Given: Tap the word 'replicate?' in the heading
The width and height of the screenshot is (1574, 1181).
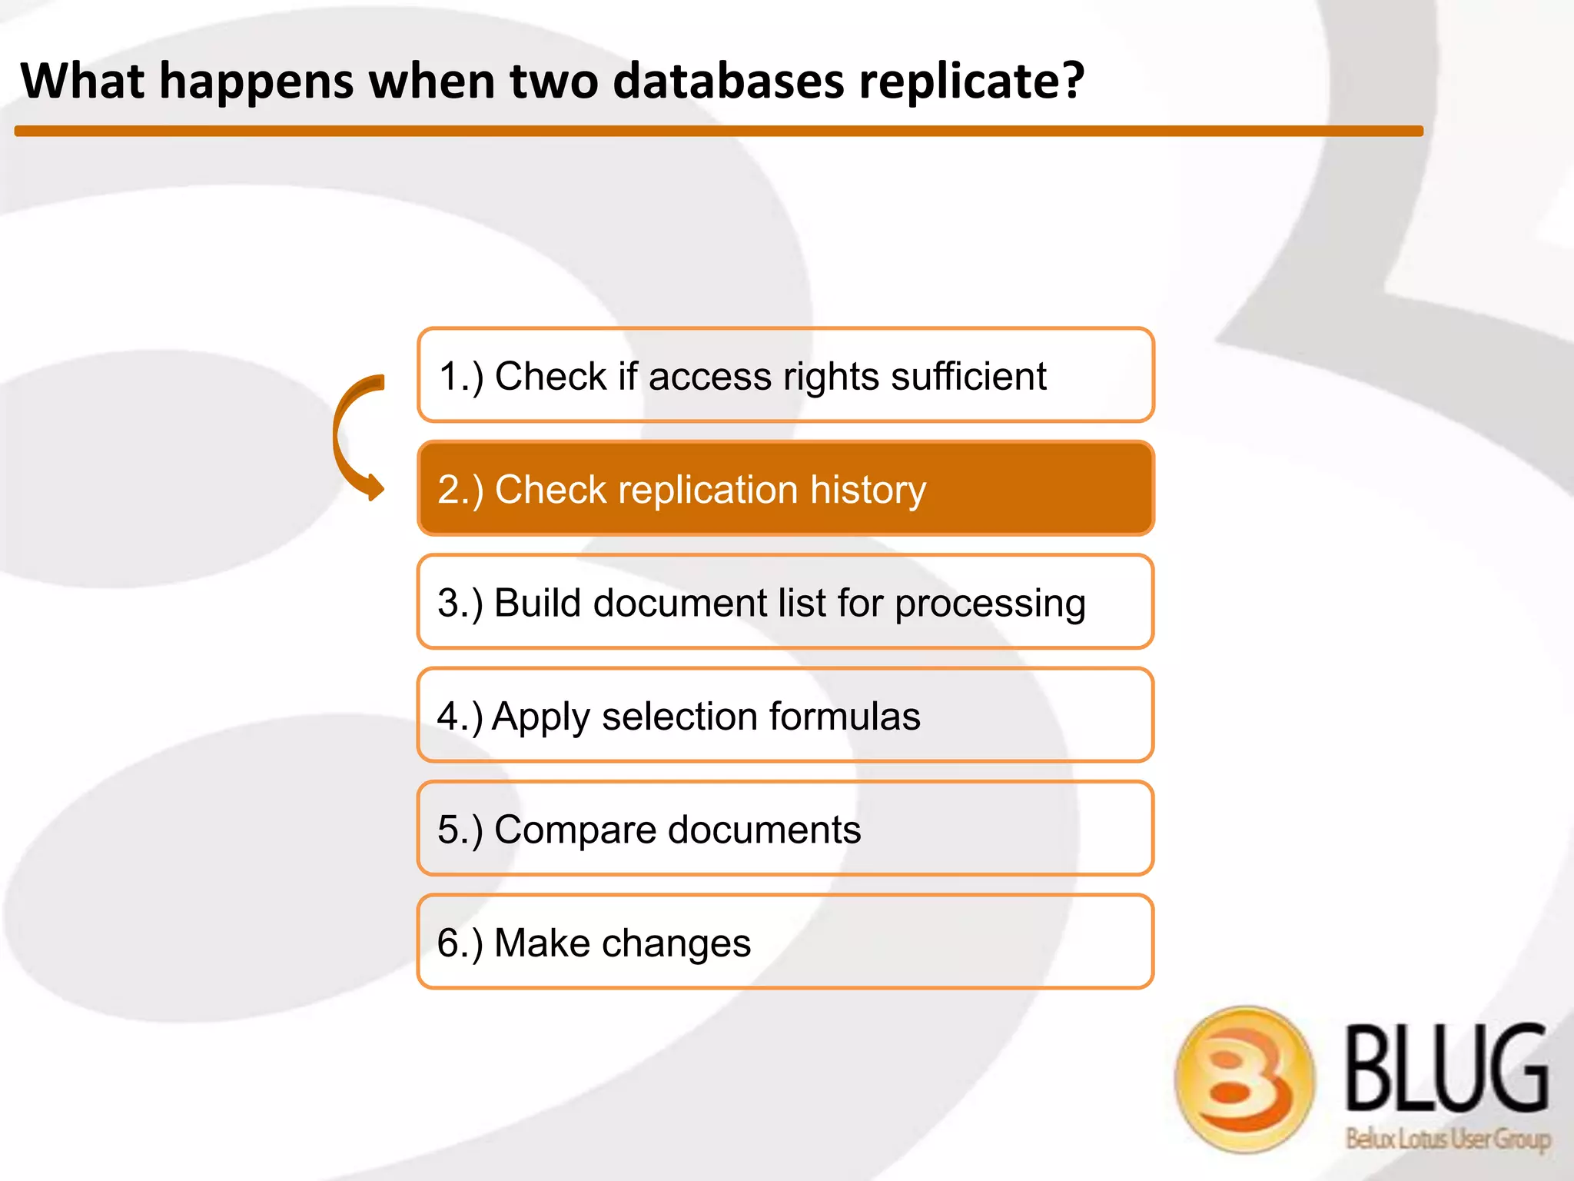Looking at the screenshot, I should point(971,81).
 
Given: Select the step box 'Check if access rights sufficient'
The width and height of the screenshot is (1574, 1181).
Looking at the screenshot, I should point(785,375).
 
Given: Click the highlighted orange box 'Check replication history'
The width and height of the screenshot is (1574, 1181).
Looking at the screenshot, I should point(785,488).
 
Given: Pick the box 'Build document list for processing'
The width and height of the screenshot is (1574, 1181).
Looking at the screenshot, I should point(785,602).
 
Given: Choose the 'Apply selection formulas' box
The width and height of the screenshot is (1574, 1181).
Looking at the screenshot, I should point(785,715).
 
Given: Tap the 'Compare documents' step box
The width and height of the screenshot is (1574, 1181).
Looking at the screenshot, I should point(785,829).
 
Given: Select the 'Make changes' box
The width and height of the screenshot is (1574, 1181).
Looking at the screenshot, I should point(785,942).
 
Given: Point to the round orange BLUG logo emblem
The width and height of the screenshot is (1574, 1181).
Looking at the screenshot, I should point(1244,1079).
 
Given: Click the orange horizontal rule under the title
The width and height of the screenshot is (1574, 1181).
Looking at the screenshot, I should point(719,131).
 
